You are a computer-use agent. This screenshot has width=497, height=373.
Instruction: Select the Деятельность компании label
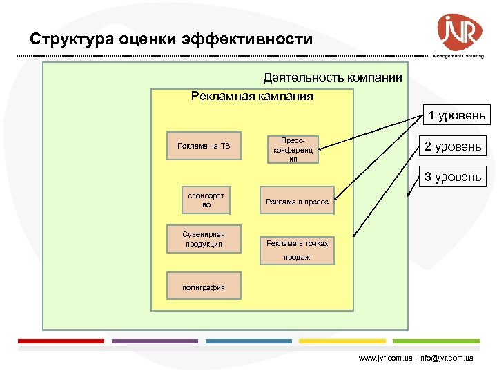(333, 77)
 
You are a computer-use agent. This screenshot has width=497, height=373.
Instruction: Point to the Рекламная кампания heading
(252, 96)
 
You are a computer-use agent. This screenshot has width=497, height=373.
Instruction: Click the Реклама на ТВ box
(204, 146)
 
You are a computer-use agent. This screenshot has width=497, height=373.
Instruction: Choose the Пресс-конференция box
(293, 149)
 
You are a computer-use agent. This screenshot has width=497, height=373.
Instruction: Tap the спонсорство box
(206, 200)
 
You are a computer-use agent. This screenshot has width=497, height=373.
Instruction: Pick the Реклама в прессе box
(297, 202)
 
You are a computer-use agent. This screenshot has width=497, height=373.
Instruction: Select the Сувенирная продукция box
(204, 238)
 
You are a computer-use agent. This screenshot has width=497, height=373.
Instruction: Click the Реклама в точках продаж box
(297, 249)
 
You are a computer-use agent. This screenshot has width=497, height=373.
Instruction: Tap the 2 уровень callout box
(453, 146)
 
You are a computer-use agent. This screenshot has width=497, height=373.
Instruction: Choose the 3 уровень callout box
(453, 177)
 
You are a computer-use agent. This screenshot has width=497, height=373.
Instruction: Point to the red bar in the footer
(61, 341)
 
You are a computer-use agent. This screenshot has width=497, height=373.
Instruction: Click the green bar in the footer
(436, 341)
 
